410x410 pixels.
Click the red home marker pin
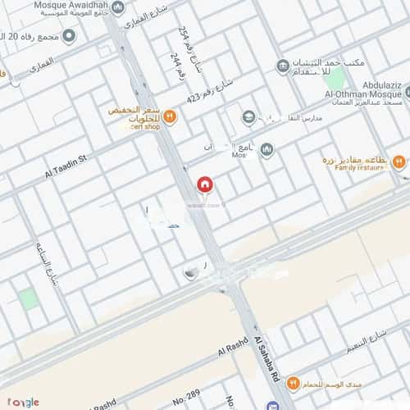click(204, 185)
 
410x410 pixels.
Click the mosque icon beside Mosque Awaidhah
click(117, 7)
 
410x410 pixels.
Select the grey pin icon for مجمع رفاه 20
click(69, 36)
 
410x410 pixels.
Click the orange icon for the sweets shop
click(170, 116)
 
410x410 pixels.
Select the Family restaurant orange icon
click(399, 162)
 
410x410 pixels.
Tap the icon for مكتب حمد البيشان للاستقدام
click(282, 66)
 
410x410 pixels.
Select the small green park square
click(29, 298)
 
